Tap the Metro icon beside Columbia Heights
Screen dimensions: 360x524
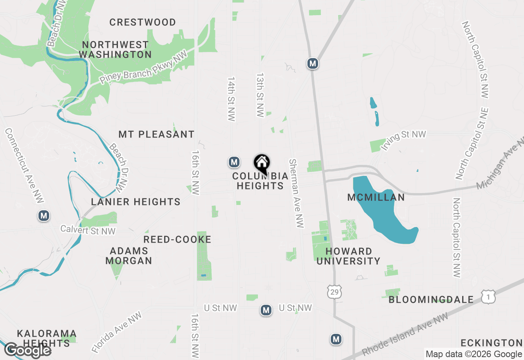pos(234,162)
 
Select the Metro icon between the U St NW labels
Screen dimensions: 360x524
pos(266,310)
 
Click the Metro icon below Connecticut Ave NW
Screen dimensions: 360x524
pos(44,215)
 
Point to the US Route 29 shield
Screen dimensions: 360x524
pos(334,292)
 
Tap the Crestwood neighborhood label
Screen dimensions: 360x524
pos(142,22)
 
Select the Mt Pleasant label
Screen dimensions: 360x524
pos(156,134)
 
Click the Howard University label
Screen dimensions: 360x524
pos(348,256)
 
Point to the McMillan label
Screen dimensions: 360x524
pos(376,197)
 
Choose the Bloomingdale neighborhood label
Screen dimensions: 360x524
pos(431,300)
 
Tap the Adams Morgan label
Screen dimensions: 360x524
pos(129,256)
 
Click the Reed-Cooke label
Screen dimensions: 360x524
pos(177,239)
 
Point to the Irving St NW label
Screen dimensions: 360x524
pos(403,140)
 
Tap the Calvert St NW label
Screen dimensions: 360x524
pos(88,230)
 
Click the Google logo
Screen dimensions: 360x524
pos(28,350)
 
